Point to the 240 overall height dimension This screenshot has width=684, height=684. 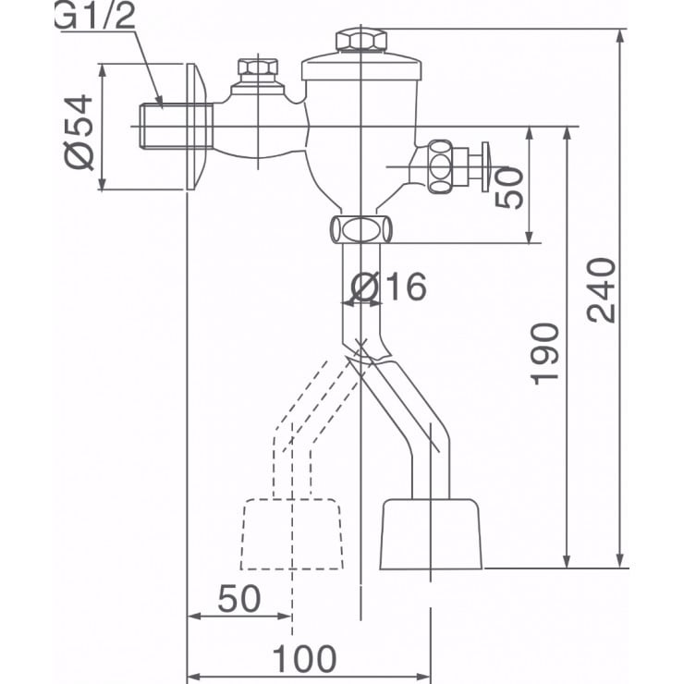tap(602, 289)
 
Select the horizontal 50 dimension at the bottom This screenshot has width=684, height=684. tap(238, 600)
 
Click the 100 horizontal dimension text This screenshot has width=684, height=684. tap(305, 659)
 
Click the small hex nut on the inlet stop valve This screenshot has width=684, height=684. tap(258, 70)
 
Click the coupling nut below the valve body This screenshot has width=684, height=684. tap(360, 228)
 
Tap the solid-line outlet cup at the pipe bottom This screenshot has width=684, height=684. tap(431, 534)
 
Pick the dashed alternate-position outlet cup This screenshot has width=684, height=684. tap(290, 534)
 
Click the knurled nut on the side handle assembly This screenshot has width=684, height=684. tap(442, 167)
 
